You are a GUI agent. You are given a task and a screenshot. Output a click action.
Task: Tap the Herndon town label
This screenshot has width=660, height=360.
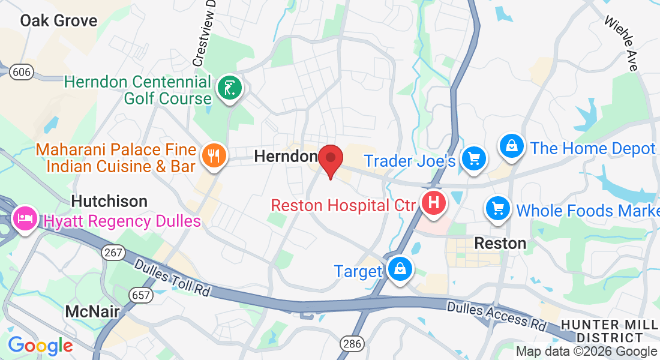(x=286, y=157)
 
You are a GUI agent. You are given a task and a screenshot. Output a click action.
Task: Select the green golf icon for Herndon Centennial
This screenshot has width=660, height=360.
(x=230, y=89)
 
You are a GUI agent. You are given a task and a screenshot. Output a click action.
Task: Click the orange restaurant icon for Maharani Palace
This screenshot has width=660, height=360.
(x=213, y=156)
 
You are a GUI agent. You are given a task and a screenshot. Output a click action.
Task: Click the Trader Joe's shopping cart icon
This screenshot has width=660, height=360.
(x=474, y=158)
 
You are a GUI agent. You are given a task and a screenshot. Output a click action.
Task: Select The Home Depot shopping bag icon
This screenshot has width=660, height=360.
(x=512, y=146)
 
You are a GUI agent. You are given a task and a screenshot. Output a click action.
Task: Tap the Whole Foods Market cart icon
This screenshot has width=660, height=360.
(x=497, y=209)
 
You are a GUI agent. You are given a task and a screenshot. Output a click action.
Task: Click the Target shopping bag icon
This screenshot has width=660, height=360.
(x=399, y=269)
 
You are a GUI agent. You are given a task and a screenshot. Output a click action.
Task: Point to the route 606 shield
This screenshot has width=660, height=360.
(x=21, y=72)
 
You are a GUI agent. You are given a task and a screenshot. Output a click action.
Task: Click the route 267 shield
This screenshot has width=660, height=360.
(x=113, y=253)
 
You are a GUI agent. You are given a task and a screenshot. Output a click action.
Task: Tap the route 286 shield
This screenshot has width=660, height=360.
(x=351, y=344)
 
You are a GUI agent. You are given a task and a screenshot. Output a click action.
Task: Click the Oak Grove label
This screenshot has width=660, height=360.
(x=58, y=21)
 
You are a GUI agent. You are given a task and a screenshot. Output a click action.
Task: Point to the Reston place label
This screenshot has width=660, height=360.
(x=500, y=243)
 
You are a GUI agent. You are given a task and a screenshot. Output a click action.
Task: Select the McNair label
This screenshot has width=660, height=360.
(x=92, y=311)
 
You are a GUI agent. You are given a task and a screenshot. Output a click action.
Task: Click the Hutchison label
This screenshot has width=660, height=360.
(x=110, y=201)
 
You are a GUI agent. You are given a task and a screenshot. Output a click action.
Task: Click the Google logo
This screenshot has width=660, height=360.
(x=40, y=346)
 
